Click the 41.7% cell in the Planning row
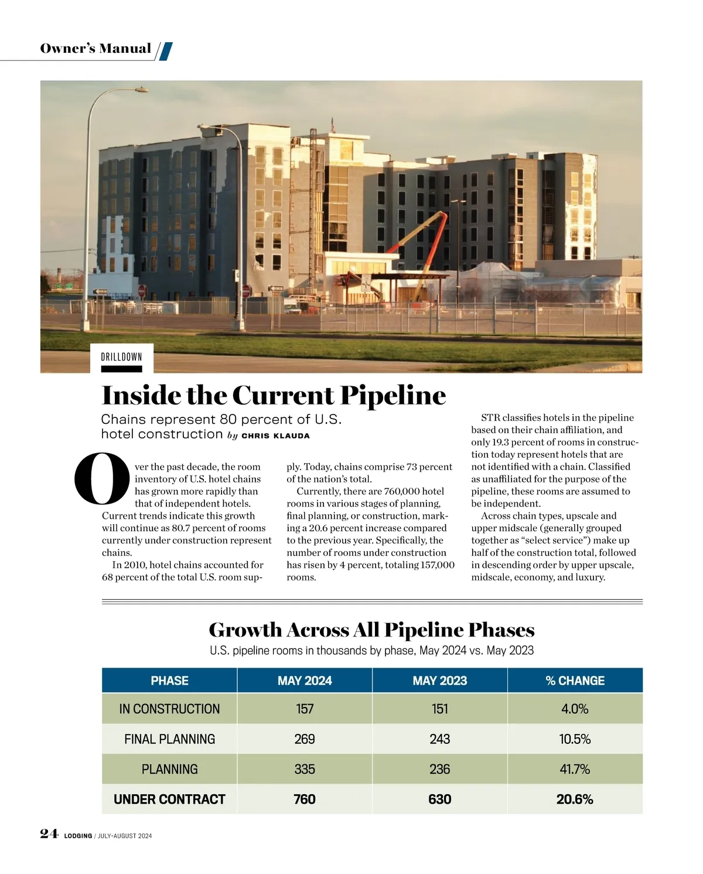pyautogui.click(x=575, y=769)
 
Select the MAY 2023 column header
pyautogui.click(x=439, y=681)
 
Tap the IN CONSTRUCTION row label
pyautogui.click(x=169, y=709)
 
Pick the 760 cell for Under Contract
pyautogui.click(x=305, y=799)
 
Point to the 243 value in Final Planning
pyautogui.click(x=439, y=739)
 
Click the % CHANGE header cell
pyautogui.click(x=575, y=681)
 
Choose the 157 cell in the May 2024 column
pyautogui.click(x=305, y=709)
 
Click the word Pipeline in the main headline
pyautogui.click(x=393, y=396)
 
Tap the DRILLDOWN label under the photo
pyautogui.click(x=121, y=357)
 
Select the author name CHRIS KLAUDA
pyautogui.click(x=275, y=436)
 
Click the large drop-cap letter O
pyautogui.click(x=102, y=479)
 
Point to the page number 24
pyautogui.click(x=49, y=834)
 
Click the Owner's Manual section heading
pyautogui.click(x=95, y=49)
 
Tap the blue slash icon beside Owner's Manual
pyautogui.click(x=166, y=51)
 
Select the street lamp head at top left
pyautogui.click(x=141, y=90)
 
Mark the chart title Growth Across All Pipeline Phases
pyautogui.click(x=371, y=630)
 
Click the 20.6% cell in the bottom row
pyautogui.click(x=575, y=799)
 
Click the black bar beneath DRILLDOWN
pyautogui.click(x=121, y=369)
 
